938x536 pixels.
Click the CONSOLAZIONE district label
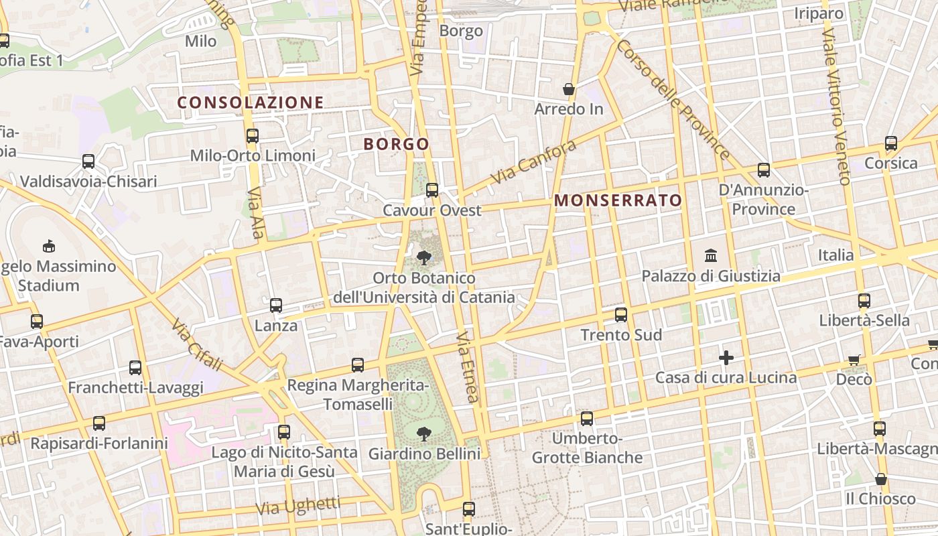tap(251, 103)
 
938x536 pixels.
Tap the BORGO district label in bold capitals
tap(396, 144)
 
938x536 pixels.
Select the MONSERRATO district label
tap(618, 200)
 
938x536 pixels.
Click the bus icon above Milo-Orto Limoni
tap(253, 136)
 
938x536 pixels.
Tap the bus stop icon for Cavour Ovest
tap(432, 190)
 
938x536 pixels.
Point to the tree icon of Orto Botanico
tap(423, 257)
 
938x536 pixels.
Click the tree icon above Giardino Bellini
tap(423, 434)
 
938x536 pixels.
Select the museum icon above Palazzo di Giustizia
tap(711, 255)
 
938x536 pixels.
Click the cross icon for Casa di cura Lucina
tap(726, 358)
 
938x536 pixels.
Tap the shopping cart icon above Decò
tap(854, 360)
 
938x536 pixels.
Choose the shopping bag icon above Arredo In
tap(569, 89)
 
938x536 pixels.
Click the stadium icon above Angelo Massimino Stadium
tap(48, 246)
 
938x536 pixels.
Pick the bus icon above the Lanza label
tap(275, 306)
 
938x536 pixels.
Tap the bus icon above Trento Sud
tap(621, 315)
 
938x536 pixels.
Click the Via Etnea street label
tap(468, 366)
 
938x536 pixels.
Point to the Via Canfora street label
tap(533, 162)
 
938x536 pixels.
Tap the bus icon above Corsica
tap(890, 143)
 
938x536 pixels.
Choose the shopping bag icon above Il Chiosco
tap(881, 479)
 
